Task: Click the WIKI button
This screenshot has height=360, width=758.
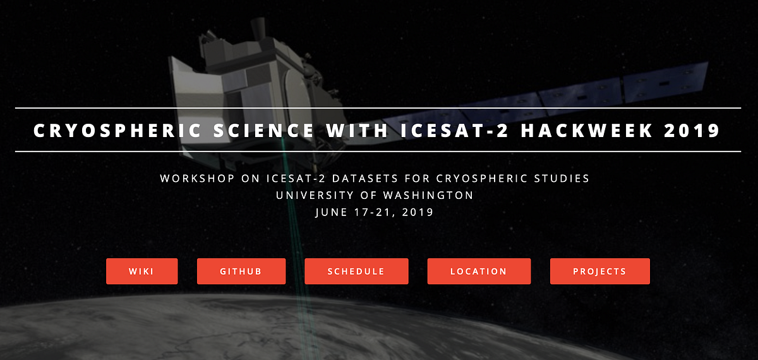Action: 141,272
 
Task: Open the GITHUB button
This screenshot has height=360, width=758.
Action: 241,272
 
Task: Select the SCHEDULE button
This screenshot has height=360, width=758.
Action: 356,272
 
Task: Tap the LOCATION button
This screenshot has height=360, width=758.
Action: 479,272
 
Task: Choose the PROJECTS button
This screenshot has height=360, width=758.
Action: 599,272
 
